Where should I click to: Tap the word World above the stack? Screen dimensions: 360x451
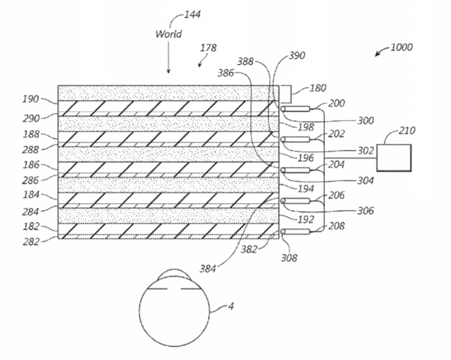coord(168,33)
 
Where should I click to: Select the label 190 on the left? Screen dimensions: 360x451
coord(31,98)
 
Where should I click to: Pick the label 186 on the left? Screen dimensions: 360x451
coord(31,166)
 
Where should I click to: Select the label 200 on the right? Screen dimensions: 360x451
coord(336,103)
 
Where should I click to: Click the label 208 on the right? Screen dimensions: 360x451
coord(336,226)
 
